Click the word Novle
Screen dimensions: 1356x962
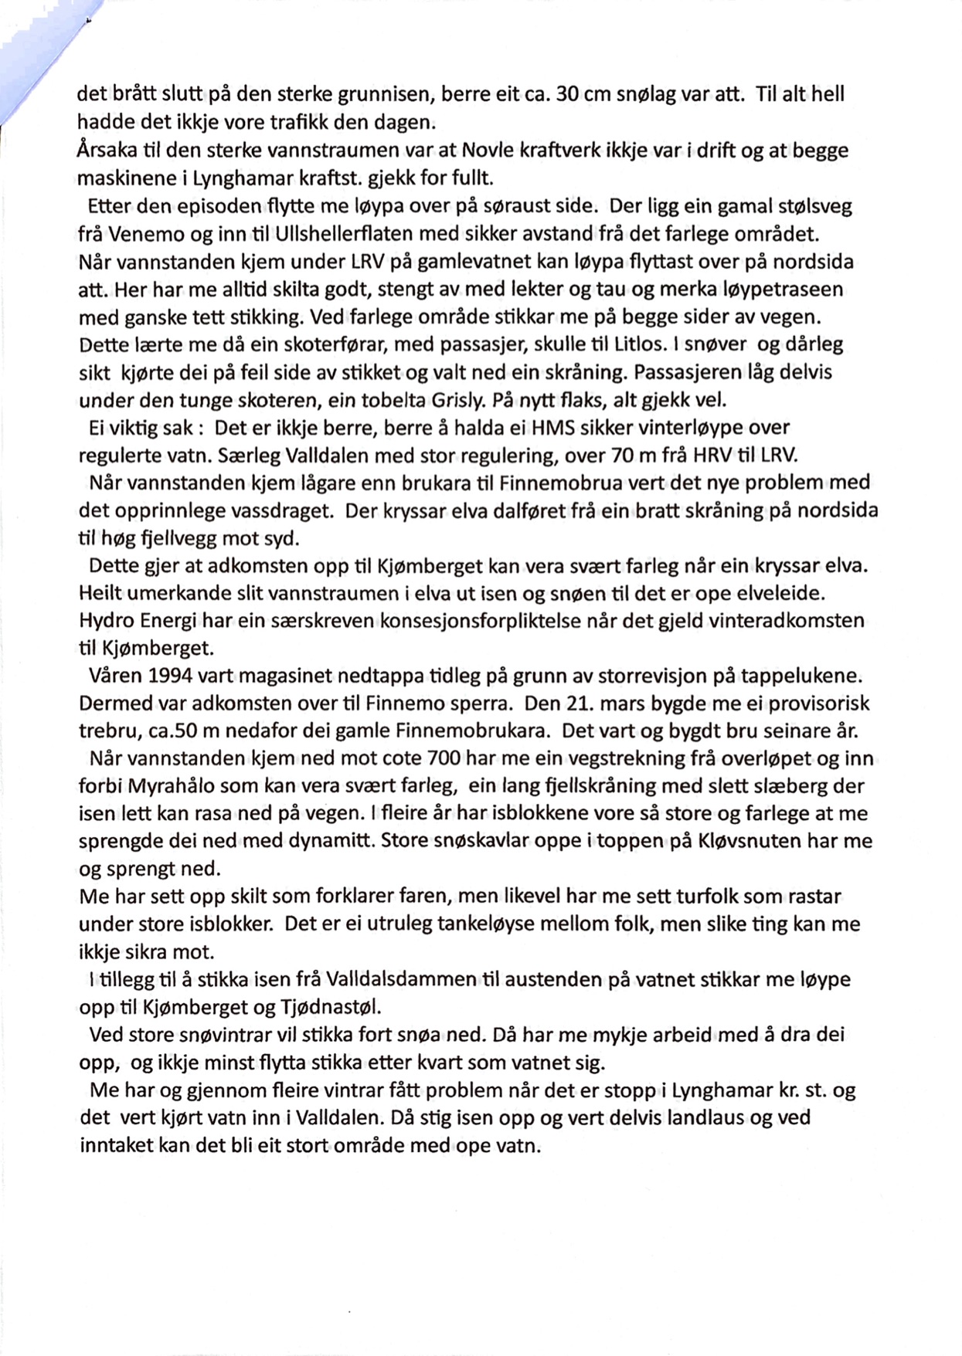[x=462, y=150]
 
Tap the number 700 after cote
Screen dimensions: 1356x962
[x=444, y=758]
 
